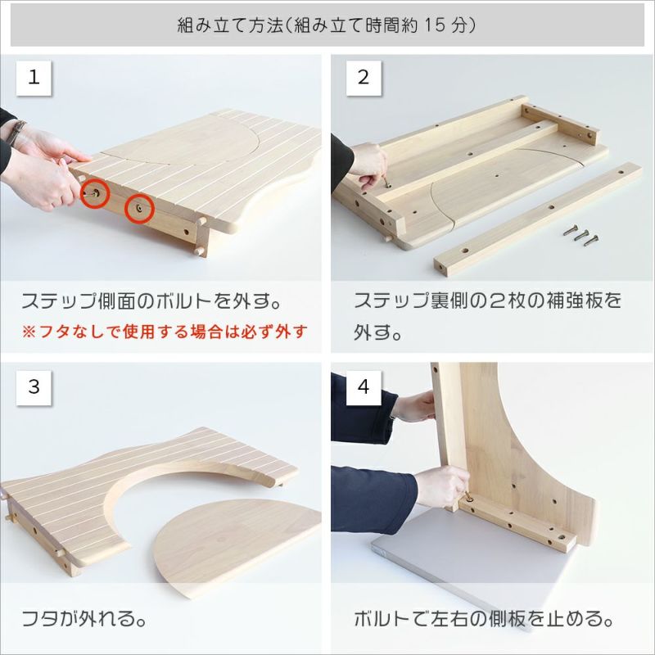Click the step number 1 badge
[x=34, y=78]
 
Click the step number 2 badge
[x=364, y=78]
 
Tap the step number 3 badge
[x=34, y=387]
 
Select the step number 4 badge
[x=364, y=387]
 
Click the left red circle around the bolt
[x=95, y=193]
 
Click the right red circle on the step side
[x=140, y=208]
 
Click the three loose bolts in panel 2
[x=581, y=234]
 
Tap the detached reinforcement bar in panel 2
[x=538, y=219]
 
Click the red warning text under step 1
[x=165, y=332]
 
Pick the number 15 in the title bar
[x=435, y=25]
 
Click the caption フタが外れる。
[x=84, y=619]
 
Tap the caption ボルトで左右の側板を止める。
[x=484, y=619]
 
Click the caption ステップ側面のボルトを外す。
[x=151, y=300]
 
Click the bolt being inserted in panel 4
[x=468, y=498]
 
